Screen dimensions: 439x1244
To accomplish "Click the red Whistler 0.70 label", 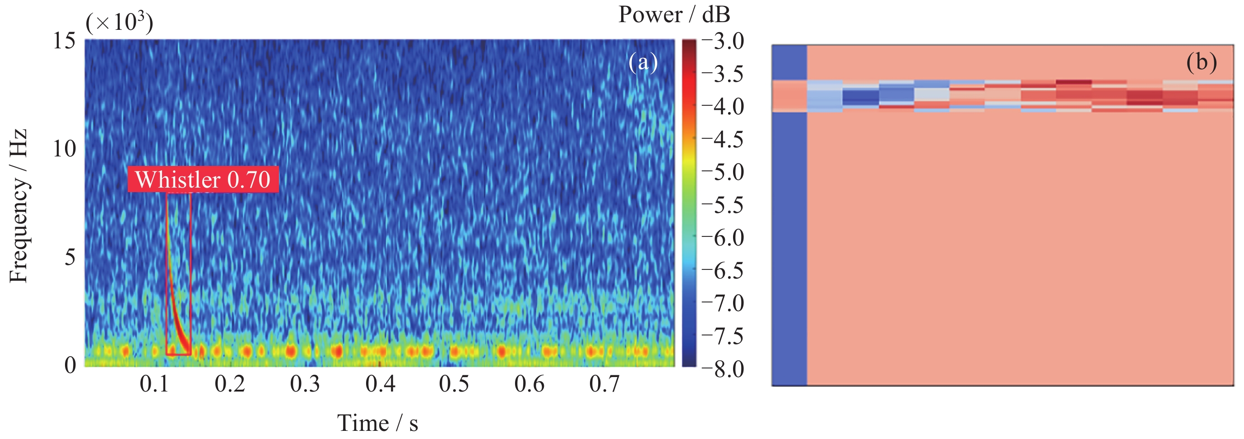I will tap(203, 179).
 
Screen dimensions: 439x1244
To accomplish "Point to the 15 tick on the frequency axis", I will tap(64, 41).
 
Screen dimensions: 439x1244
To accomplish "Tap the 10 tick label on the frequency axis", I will tap(64, 149).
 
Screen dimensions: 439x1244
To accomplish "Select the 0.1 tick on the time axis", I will tap(154, 384).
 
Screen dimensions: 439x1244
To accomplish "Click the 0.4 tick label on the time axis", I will tap(380, 384).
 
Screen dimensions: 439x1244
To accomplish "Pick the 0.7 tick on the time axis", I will tap(604, 384).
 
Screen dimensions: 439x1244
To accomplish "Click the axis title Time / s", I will tap(377, 423).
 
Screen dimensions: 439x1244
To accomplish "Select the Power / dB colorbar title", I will tap(674, 14).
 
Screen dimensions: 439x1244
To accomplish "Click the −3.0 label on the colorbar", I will tap(723, 41).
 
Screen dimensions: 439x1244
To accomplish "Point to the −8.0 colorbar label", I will tap(723, 369).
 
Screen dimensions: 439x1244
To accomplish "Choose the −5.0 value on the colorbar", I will tap(723, 172).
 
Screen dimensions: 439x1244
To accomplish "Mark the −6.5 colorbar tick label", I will tap(723, 271).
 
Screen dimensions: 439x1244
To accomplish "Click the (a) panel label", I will tap(643, 62).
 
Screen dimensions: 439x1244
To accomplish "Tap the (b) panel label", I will tap(1201, 62).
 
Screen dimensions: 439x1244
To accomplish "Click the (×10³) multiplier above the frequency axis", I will tap(119, 22).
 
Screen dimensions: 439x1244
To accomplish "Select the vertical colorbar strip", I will tap(689, 203).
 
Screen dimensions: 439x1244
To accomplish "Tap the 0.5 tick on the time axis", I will tap(454, 384).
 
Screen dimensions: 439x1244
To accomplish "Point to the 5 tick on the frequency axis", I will tap(70, 257).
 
